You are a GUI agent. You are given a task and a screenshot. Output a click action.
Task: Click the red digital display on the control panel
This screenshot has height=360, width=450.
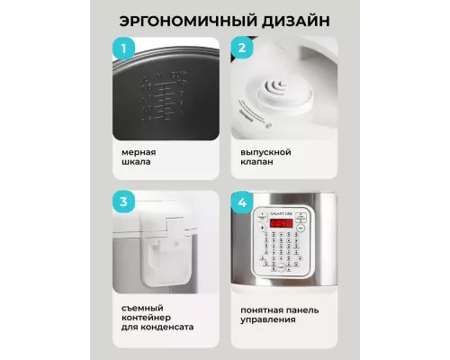(282, 222)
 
